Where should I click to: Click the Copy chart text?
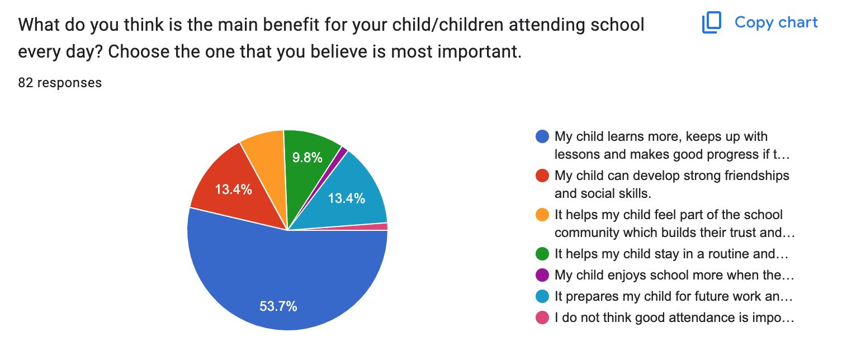pos(775,22)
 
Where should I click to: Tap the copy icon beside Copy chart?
pos(712,23)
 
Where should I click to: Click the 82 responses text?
pos(60,83)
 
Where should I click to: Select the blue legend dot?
pos(542,136)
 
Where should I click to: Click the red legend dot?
pos(542,176)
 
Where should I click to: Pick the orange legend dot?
pos(542,215)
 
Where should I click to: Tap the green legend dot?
pos(542,254)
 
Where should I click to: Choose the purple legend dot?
pos(542,275)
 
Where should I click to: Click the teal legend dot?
pos(542,296)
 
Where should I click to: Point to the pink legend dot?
pos(542,318)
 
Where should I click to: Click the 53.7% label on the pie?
pos(278,306)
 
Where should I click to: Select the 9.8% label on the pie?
pos(308,158)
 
